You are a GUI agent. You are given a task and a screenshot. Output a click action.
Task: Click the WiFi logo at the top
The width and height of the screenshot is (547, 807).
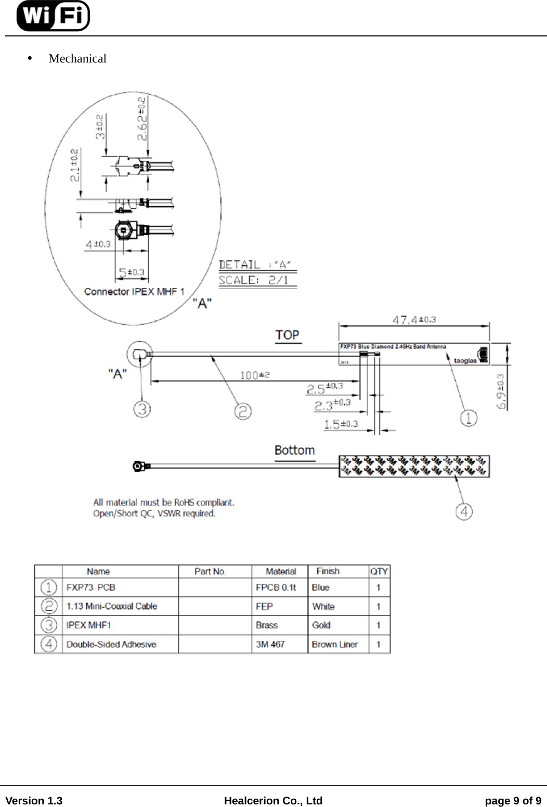point(53,16)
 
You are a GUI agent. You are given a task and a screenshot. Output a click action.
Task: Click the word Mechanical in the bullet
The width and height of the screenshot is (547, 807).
point(77,58)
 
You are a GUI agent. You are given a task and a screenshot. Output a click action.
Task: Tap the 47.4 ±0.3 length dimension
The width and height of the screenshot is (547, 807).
point(414,320)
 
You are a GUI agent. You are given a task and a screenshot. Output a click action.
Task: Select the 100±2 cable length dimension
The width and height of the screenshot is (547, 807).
point(255,375)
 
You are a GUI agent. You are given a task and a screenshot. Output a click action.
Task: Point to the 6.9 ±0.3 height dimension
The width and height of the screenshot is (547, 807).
point(502,391)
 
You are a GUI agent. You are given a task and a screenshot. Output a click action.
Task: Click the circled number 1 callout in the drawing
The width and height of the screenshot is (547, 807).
point(468,418)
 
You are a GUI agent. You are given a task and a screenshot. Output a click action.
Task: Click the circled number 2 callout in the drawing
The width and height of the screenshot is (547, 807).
point(243,411)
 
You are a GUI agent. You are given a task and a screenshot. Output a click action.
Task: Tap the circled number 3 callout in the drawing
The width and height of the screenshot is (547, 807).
point(142,409)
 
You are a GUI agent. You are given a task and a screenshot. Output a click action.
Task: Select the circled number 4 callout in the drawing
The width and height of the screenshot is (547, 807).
point(464,511)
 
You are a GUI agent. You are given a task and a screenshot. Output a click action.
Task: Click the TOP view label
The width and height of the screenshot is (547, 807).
point(288,335)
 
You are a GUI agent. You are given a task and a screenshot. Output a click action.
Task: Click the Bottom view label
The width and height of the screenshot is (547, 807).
point(294,450)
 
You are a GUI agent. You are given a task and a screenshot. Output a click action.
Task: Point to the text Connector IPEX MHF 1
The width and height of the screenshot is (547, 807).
point(134,292)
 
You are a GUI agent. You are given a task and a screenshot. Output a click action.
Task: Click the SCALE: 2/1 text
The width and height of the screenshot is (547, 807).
point(253,280)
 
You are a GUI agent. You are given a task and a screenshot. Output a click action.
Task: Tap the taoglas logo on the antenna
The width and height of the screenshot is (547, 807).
point(465,360)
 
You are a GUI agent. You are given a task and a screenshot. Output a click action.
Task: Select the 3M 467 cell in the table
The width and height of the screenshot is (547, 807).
point(270,644)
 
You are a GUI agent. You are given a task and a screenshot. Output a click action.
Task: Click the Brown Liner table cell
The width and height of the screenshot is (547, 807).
point(334,644)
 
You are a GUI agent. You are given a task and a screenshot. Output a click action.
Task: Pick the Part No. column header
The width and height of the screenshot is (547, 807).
point(210,571)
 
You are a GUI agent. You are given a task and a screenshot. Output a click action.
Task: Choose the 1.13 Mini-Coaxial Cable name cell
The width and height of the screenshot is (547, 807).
point(112,606)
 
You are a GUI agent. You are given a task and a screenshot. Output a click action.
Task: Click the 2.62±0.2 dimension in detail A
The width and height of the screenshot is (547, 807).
point(142,119)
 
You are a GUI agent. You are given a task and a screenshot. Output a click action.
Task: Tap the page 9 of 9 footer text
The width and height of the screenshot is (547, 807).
point(513,801)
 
